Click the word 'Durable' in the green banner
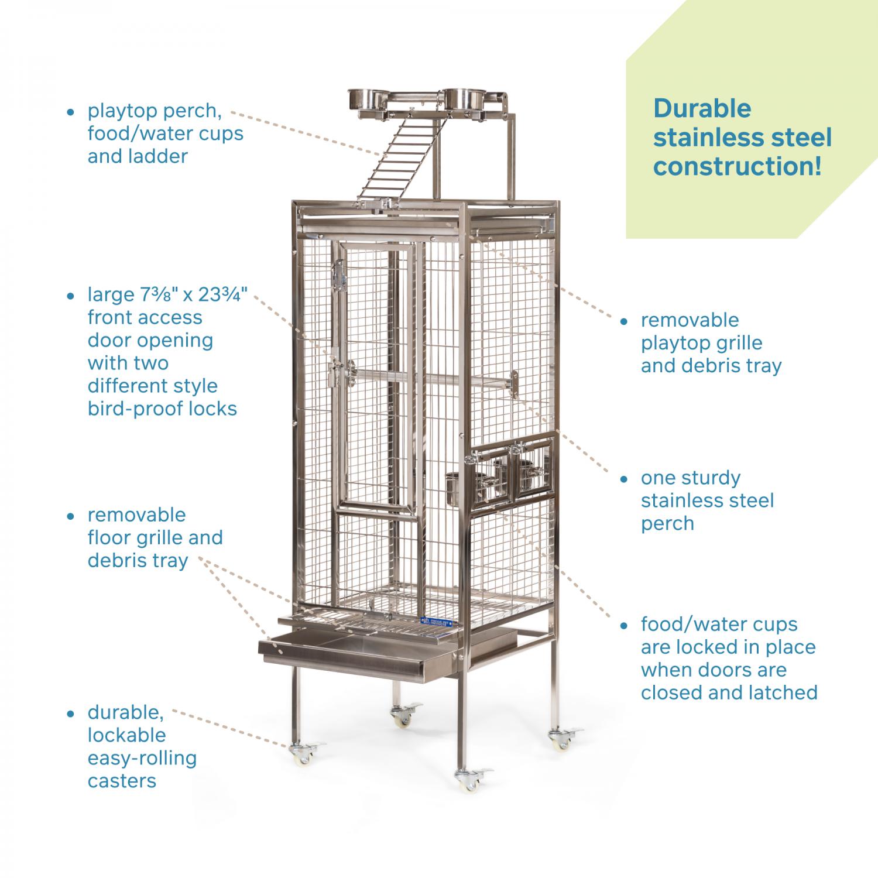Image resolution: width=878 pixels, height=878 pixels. [x=702, y=109]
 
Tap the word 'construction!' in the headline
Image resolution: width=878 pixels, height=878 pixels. [x=738, y=166]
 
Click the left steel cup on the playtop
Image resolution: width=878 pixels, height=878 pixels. [x=362, y=100]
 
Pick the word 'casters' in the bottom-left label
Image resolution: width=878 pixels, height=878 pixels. [x=122, y=781]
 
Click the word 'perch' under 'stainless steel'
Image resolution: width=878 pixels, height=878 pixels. [x=667, y=523]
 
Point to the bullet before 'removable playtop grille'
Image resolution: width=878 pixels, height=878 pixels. [x=625, y=321]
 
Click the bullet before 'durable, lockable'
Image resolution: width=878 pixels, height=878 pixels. [x=71, y=714]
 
